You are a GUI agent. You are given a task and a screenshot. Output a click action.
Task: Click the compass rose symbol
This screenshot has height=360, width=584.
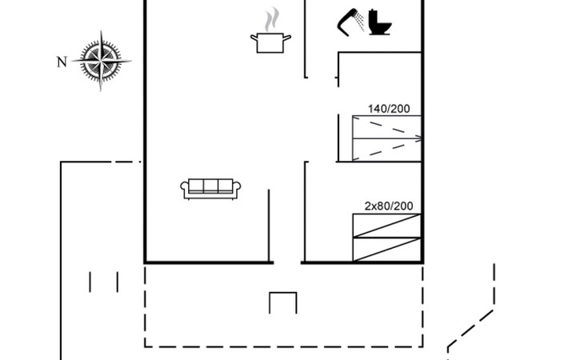(x=101, y=61)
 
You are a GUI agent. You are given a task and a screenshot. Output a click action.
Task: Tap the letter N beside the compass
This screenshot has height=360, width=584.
(x=62, y=62)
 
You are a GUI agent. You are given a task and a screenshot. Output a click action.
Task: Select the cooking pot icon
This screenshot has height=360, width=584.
(x=270, y=43)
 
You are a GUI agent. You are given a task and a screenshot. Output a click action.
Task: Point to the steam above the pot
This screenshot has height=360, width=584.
(x=272, y=19)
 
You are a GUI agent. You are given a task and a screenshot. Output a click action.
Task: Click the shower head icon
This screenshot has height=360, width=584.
(x=351, y=22)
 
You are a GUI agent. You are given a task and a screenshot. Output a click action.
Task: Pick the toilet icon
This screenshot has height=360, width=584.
(x=380, y=22)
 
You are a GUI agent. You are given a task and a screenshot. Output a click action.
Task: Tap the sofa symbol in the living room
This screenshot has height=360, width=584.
(x=210, y=189)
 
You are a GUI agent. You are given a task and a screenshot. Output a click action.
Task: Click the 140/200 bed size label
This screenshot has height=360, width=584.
(x=389, y=109)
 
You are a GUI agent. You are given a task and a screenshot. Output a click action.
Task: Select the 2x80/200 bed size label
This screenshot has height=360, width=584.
(x=389, y=206)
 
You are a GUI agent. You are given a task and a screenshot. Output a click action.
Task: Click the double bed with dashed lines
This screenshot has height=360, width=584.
(x=386, y=138)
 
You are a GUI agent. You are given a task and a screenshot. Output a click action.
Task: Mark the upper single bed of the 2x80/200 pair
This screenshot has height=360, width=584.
(x=386, y=226)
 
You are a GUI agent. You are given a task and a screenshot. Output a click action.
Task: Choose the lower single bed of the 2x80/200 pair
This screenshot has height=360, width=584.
(x=386, y=250)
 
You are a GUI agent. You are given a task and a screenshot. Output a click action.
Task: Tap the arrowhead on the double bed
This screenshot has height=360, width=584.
(x=418, y=138)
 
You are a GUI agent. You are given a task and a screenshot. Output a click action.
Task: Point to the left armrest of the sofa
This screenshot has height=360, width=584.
(x=184, y=188)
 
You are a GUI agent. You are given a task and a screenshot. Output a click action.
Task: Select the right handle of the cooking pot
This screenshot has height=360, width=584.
(x=287, y=37)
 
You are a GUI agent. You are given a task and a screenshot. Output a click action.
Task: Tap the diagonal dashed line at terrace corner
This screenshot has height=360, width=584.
(x=470, y=329)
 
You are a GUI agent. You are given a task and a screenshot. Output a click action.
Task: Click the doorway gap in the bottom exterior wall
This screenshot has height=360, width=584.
(x=287, y=263)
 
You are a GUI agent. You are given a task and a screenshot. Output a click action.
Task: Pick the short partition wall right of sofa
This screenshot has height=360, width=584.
(x=269, y=226)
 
